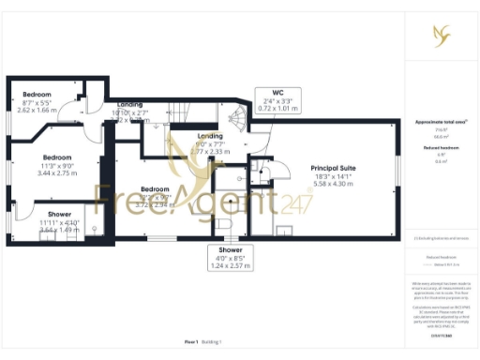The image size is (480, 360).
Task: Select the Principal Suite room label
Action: [x=333, y=168]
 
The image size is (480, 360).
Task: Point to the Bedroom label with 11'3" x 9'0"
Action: [x=57, y=157]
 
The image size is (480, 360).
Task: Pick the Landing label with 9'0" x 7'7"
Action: [x=209, y=137]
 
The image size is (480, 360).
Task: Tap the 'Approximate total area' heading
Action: [x=441, y=122]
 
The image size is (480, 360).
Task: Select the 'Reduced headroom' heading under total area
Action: [x=441, y=147]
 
